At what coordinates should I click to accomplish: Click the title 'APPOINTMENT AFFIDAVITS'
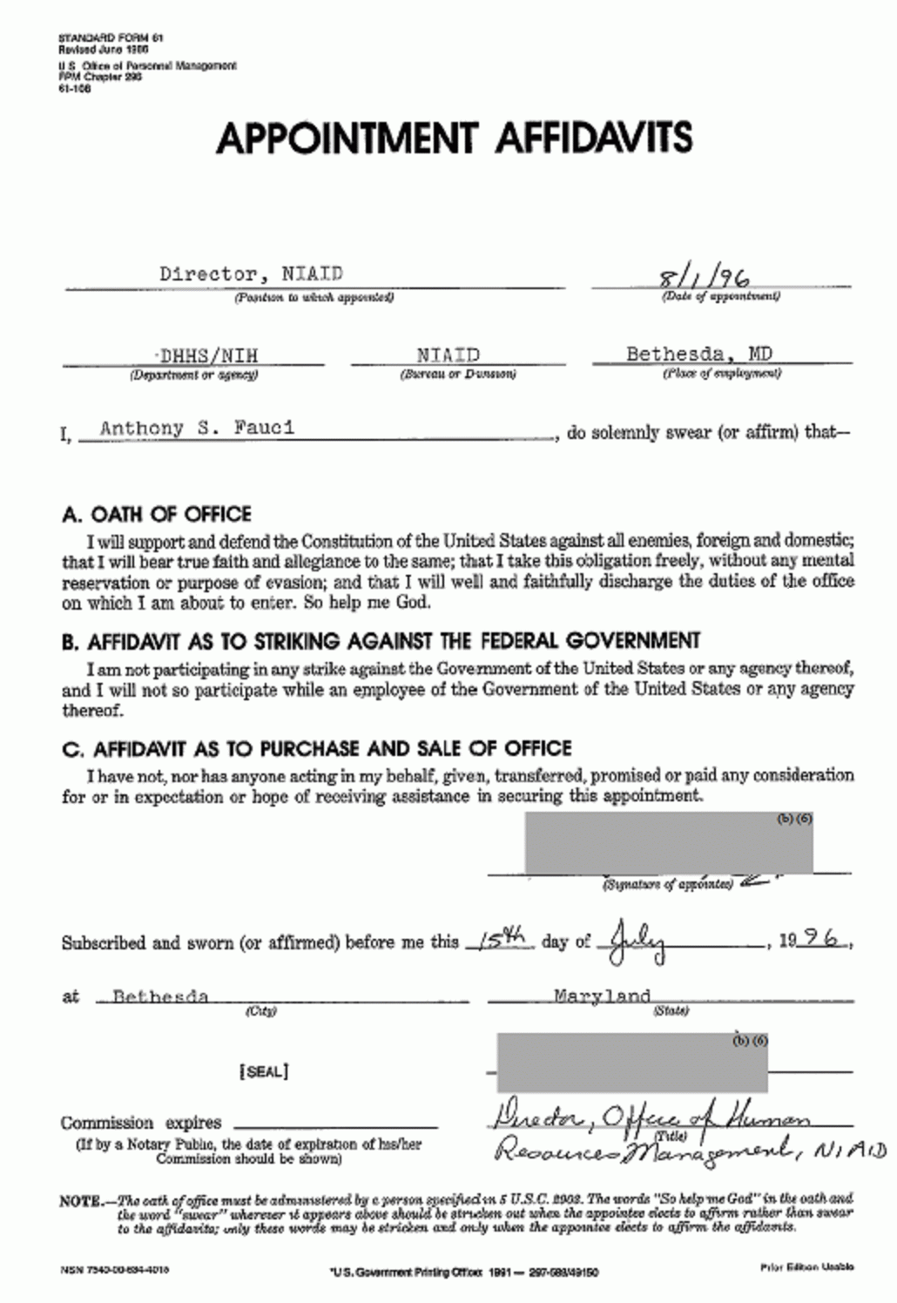454,137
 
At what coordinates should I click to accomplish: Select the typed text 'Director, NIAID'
251,273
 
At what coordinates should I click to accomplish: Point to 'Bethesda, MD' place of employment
698,354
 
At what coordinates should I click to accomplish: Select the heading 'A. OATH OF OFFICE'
157,514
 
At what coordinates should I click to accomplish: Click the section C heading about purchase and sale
317,749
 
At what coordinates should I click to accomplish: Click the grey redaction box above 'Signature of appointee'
668,843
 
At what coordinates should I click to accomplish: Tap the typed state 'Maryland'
603,996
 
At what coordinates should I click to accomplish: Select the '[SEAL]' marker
263,1071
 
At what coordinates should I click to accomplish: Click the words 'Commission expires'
141,1123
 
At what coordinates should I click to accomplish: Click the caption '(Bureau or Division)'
457,375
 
